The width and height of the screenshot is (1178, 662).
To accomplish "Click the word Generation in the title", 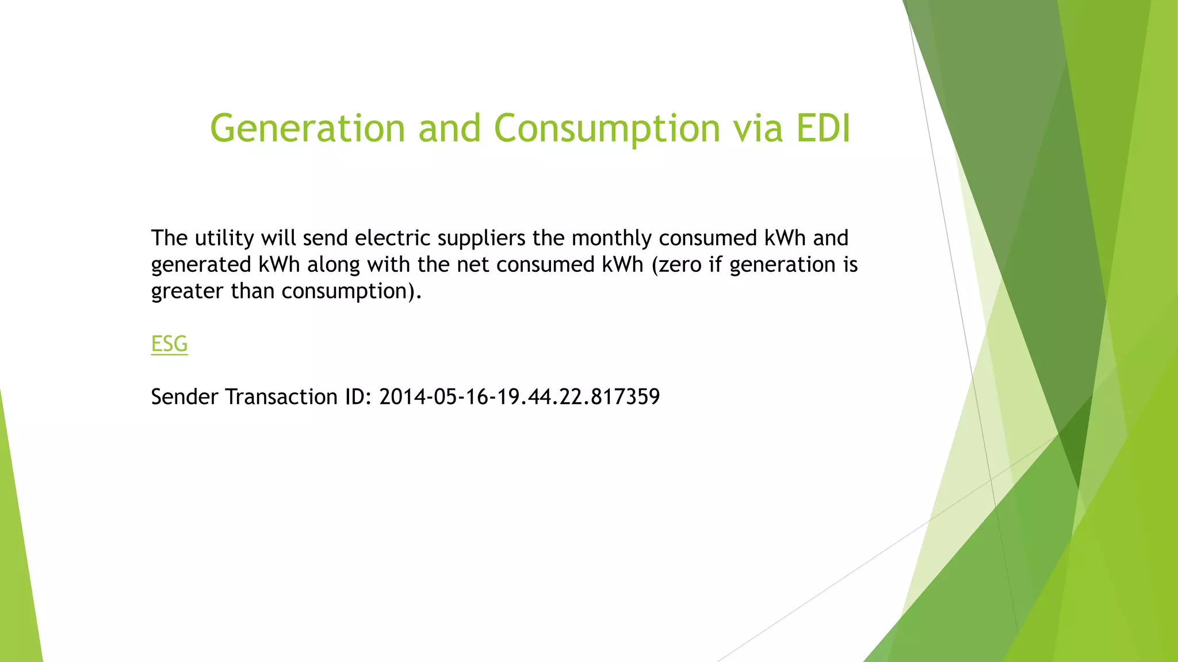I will coord(308,128).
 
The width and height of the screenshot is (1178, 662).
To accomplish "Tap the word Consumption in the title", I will coord(607,129).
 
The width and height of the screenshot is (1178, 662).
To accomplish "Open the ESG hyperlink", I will coord(169,344).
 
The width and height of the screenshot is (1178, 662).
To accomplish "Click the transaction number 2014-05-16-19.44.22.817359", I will coord(519,397).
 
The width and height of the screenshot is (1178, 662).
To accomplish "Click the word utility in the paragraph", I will coord(224,238).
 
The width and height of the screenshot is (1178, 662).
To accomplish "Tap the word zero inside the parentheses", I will coord(680,265).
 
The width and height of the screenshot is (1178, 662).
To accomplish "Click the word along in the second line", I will coord(333,265).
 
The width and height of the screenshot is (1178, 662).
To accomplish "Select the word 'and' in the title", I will coord(449,128).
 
